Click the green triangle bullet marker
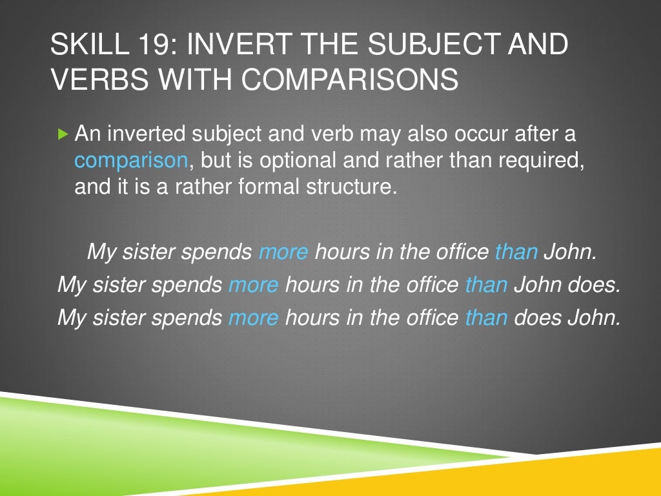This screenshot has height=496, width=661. [x=62, y=135]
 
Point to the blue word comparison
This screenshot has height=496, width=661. [x=131, y=161]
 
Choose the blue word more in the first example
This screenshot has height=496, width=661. [x=283, y=251]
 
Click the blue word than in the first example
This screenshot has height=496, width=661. [x=516, y=251]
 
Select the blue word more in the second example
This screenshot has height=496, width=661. [x=253, y=284]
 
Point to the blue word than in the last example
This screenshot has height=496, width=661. [x=486, y=317]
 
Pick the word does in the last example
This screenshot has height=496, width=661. [x=538, y=317]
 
